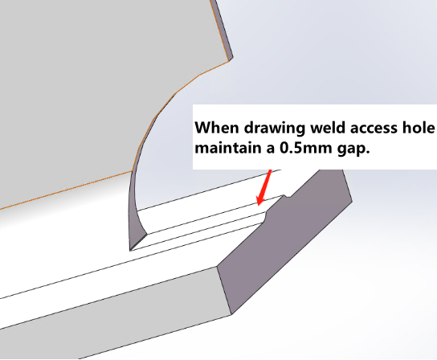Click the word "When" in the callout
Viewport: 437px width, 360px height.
coord(217,128)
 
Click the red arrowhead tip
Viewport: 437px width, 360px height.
coord(259,206)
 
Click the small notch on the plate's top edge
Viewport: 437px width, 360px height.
coord(287,197)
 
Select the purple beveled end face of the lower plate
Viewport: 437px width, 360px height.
coord(284,239)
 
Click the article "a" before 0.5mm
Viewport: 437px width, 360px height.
coord(271,149)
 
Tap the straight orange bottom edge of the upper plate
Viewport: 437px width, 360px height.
coord(66,190)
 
